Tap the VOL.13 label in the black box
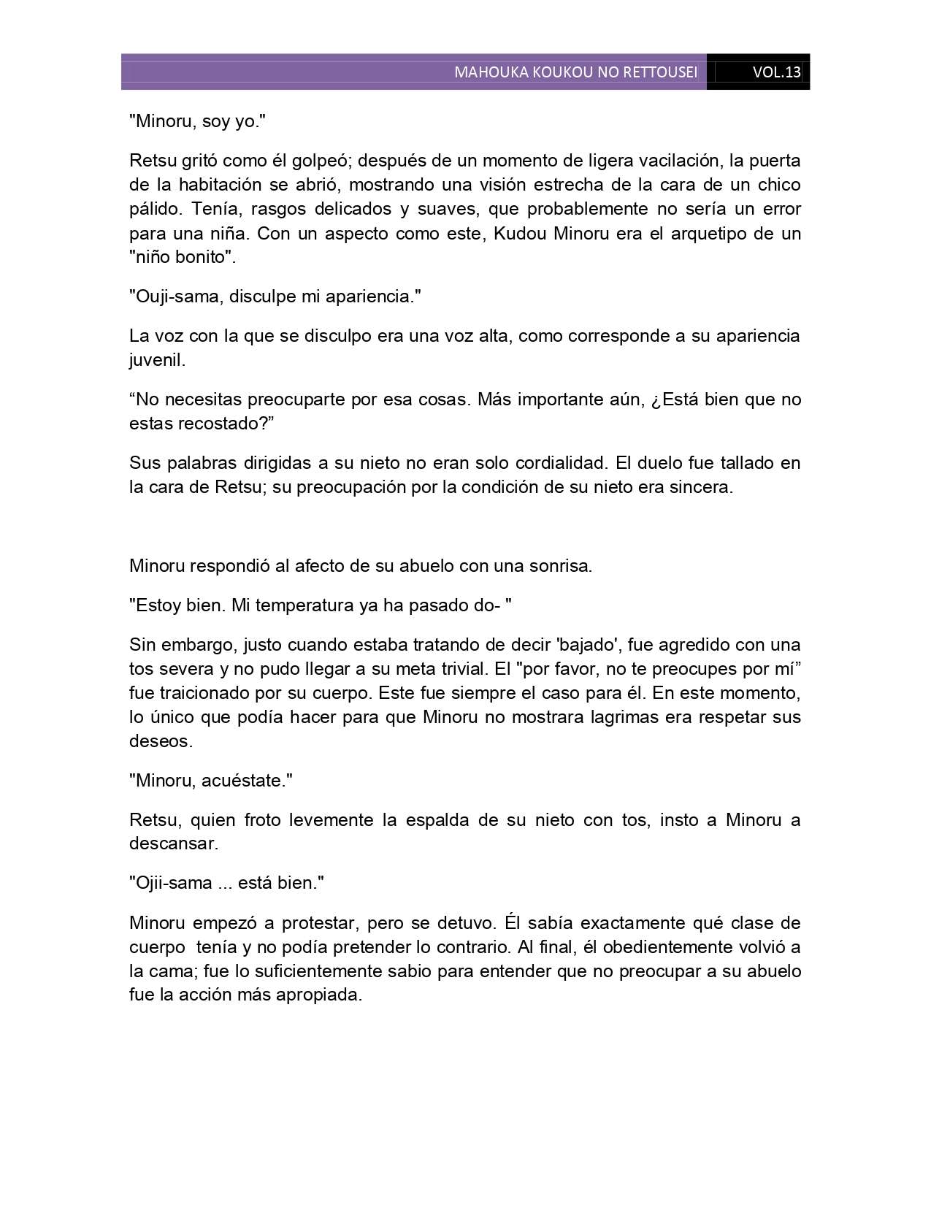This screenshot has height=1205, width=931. pos(776,72)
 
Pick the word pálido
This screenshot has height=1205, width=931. pos(154,209)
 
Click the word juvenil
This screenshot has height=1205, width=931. pos(157,360)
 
